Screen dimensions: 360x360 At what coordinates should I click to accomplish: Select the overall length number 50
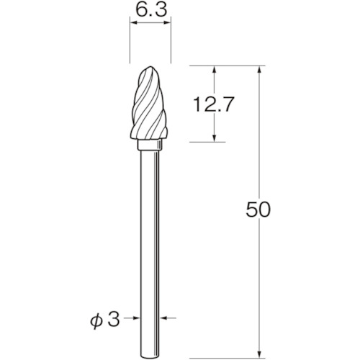257,210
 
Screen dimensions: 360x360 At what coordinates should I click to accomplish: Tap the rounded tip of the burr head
150,71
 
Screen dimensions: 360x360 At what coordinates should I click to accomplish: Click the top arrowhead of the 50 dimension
257,71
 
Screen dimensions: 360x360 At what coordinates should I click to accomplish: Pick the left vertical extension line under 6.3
130,43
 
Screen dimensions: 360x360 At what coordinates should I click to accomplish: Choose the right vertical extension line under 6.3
170,43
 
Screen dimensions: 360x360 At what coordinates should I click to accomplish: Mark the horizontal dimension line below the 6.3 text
150,23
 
